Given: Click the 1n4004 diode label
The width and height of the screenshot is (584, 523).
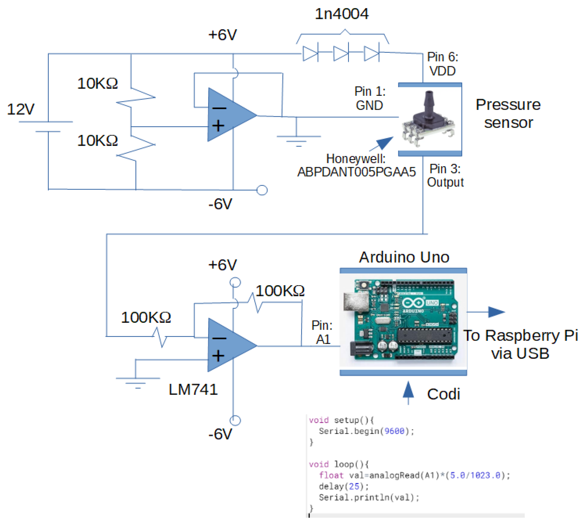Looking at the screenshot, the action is (342, 14).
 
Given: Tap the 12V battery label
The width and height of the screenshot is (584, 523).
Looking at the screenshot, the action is (21, 109).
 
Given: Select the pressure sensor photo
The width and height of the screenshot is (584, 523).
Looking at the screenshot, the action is (428, 118).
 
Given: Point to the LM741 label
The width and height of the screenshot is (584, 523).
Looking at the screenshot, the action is (193, 389).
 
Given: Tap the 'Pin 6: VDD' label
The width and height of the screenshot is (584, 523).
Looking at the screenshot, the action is (442, 64).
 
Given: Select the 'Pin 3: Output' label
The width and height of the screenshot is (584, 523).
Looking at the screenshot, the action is (445, 176).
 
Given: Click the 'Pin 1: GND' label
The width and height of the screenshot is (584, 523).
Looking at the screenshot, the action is (370, 98).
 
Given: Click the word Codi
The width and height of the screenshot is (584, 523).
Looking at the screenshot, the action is (443, 394).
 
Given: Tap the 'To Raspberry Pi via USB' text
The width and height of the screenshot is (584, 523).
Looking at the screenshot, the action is (520, 344).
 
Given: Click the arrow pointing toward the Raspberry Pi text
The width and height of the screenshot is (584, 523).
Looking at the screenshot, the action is (485, 312).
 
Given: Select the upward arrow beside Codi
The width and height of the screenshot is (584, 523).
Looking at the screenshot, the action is (408, 393).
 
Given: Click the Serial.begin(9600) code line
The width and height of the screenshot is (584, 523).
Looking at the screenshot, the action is (366, 431).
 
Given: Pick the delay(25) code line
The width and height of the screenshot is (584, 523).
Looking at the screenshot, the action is (344, 486).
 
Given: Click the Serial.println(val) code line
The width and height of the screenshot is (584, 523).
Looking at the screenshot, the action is (369, 498).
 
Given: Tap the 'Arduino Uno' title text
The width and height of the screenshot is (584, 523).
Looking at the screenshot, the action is (404, 257).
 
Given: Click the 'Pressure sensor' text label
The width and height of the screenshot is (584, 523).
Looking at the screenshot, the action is (508, 114).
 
